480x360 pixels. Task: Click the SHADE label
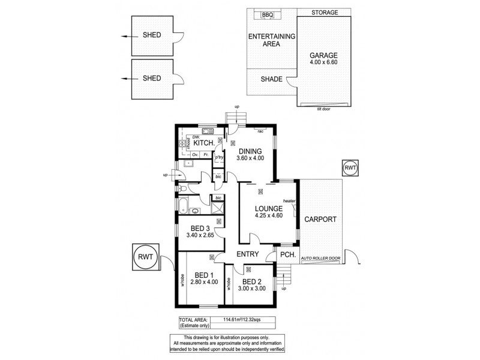pos(271,79)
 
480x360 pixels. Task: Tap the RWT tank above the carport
pos(350,169)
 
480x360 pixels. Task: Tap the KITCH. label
pos(205,143)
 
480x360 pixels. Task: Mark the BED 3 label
pos(200,229)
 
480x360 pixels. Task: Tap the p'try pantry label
pos(219,157)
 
